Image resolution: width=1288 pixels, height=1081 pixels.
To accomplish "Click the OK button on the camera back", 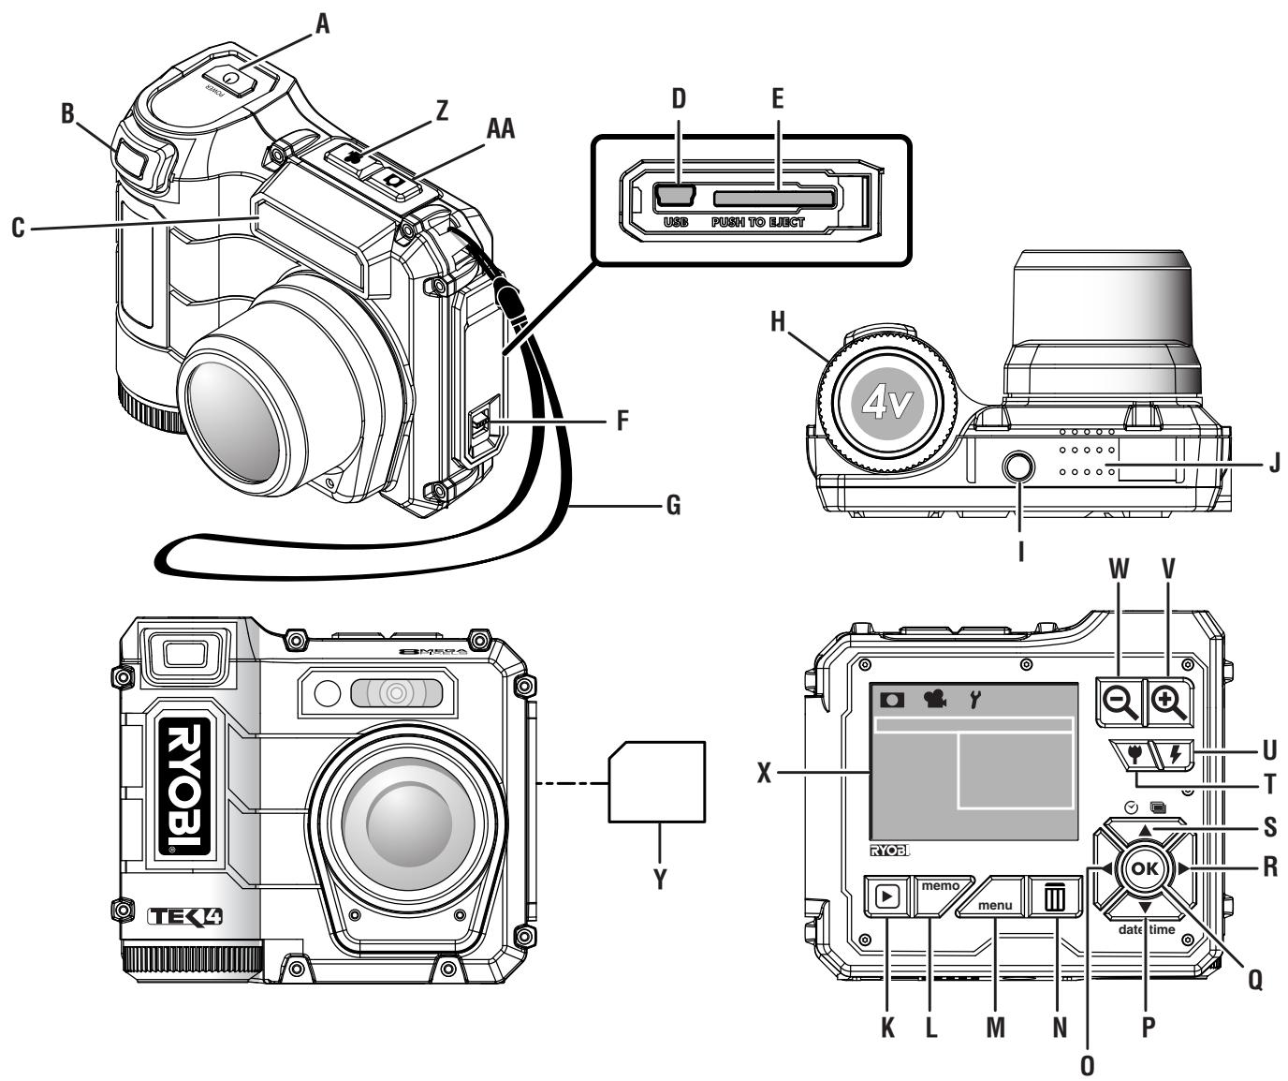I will pos(1144,868).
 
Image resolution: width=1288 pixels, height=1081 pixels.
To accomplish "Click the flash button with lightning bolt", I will pos(1176,754).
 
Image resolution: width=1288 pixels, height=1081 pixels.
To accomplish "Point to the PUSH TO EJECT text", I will pos(757,223).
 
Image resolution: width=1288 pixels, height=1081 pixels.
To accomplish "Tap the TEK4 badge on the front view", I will pos(184,915).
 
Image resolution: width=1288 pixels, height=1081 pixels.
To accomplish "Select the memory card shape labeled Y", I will pos(656,782).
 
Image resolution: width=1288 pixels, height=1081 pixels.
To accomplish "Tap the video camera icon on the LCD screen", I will pos(933,699).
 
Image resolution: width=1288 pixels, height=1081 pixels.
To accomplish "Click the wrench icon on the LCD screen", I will pos(975,699).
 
